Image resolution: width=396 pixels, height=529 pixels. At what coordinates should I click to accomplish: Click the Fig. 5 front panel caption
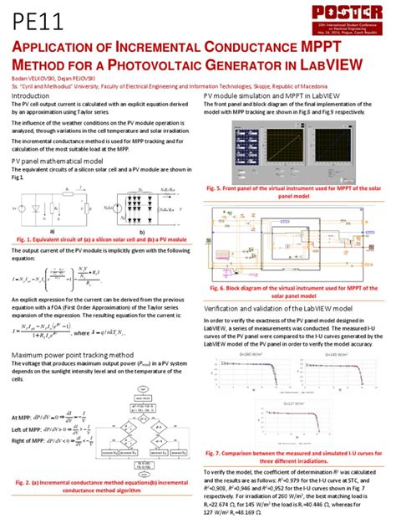click(297, 193)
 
